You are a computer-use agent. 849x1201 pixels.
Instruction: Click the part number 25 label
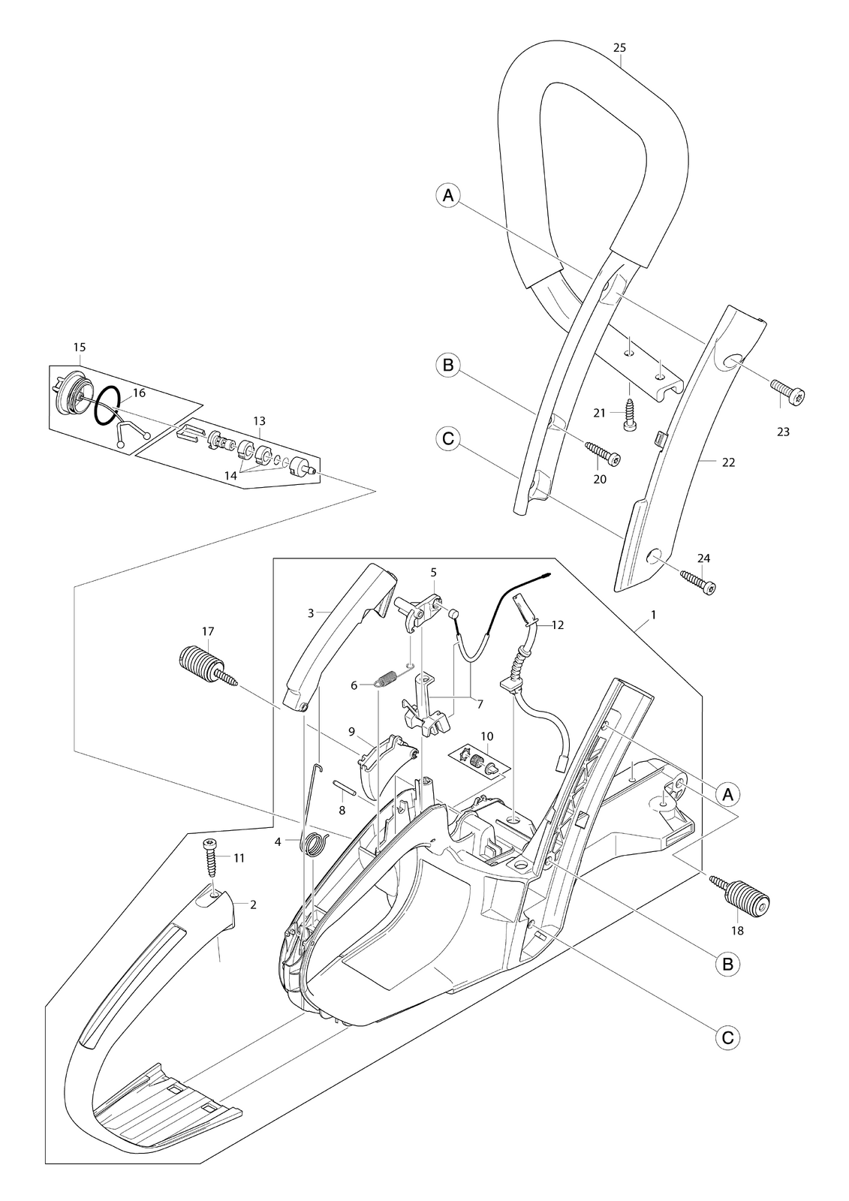[619, 48]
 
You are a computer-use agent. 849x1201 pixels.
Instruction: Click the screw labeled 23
[788, 392]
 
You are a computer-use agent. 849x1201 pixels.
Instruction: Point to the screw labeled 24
[699, 582]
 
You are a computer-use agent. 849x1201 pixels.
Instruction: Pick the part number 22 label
[728, 462]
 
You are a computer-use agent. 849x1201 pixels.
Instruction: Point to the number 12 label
[557, 625]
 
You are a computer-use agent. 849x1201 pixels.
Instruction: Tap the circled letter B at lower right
[728, 964]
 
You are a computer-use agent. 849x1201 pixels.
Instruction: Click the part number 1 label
[653, 616]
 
